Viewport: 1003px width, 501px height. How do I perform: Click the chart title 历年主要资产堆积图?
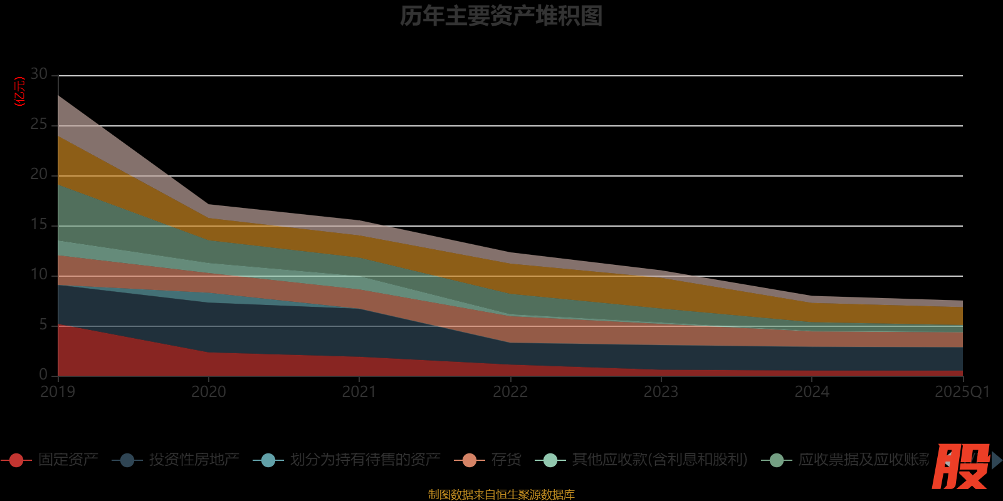pos(501,16)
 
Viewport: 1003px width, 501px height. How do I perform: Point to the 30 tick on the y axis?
pos(39,75)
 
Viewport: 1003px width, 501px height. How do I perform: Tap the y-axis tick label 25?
pos(39,125)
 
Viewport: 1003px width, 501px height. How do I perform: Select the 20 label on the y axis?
pos(39,175)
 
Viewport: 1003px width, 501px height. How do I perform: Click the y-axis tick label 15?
pos(39,225)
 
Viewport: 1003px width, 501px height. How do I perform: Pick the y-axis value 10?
pos(39,275)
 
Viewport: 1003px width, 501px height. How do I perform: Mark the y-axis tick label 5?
pos(43,325)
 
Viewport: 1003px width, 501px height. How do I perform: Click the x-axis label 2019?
pos(58,392)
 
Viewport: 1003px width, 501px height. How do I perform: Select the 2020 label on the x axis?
pos(209,392)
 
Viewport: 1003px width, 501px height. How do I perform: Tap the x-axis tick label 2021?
pos(359,392)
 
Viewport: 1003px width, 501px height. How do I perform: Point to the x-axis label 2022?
pos(510,392)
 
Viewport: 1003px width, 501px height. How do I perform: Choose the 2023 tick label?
pos(661,392)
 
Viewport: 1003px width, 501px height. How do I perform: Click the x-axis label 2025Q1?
pos(962,392)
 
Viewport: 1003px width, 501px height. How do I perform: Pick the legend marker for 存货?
pos(469,460)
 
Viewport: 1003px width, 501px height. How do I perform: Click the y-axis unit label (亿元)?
pos(20,91)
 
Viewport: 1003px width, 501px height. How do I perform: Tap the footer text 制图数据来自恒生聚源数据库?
pos(501,495)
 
